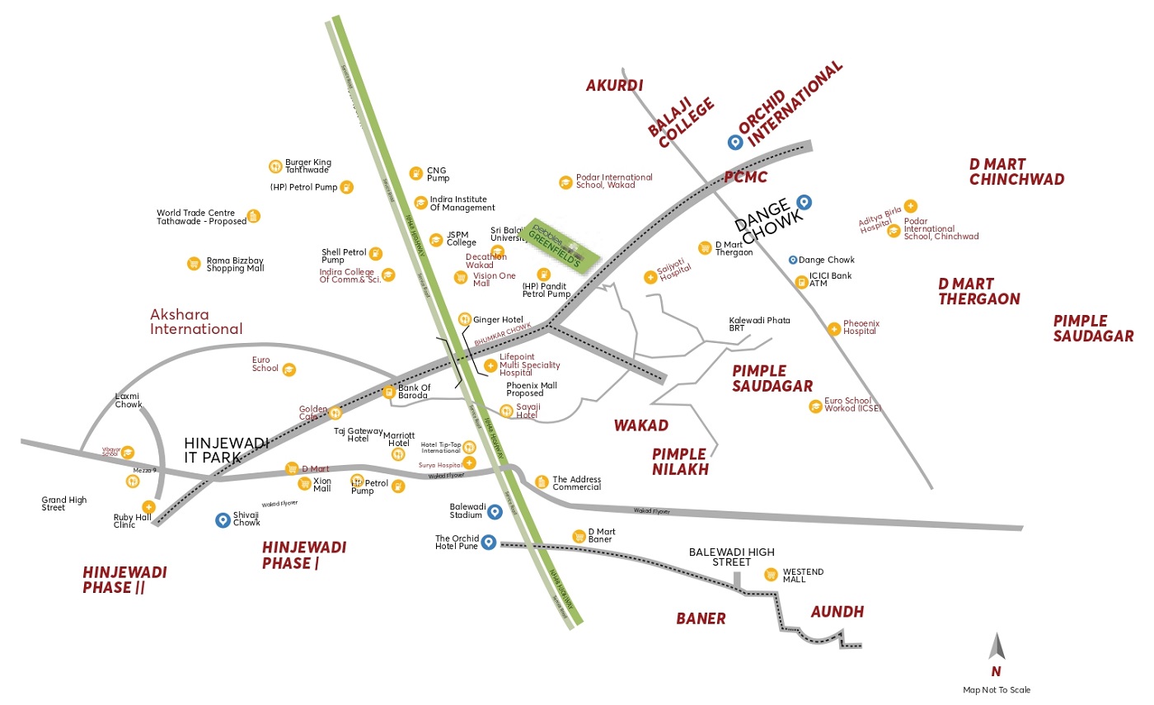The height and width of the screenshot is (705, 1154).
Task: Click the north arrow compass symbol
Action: [997, 646]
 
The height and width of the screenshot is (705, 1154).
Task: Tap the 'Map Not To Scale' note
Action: [997, 690]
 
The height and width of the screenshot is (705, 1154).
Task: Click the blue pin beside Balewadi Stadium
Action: [495, 512]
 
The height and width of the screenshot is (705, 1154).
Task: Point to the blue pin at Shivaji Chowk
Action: [222, 519]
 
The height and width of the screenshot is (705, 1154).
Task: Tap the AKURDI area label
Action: [614, 85]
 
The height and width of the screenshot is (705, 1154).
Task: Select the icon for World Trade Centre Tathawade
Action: [253, 216]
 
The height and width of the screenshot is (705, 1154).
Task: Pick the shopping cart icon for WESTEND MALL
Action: [771, 575]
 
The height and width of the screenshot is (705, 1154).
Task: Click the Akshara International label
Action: [196, 322]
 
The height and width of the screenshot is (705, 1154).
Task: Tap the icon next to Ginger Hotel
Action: [464, 319]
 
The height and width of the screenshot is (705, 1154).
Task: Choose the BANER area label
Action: [701, 618]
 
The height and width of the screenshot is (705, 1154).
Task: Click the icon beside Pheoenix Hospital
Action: [833, 329]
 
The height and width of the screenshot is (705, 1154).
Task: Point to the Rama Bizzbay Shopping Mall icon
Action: [194, 264]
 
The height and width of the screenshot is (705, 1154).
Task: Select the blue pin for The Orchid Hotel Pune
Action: [488, 542]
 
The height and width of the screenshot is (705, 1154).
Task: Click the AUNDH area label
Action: [837, 612]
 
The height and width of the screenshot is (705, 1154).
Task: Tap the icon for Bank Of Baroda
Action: [389, 392]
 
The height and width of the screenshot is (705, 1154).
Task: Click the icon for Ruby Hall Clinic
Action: [148, 506]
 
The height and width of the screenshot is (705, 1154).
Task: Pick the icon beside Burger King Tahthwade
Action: [275, 166]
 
